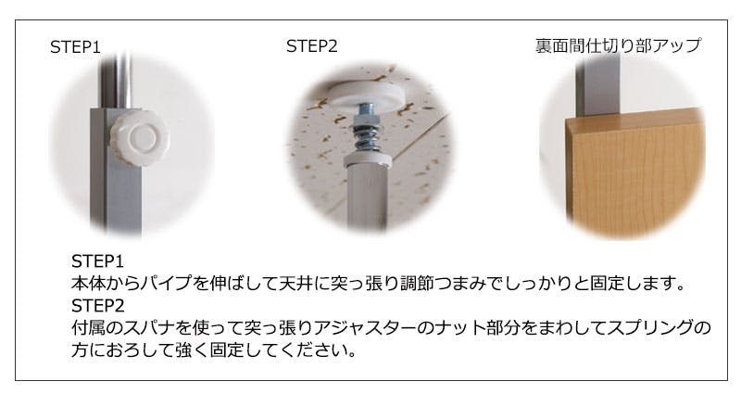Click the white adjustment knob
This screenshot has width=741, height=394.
pos(142,137)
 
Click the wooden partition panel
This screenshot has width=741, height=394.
pos(634,174)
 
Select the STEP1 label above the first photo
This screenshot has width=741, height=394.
pos(76,47)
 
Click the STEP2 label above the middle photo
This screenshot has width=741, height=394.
pos(312,46)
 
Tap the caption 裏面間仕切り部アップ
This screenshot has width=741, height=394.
pos(618,45)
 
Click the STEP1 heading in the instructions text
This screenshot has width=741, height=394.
pos(97,261)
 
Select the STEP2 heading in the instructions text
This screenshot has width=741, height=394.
pos(98,306)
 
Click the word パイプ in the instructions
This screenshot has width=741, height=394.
pos(167,283)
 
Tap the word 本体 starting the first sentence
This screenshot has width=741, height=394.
pos(88,283)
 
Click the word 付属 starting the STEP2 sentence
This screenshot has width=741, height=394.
pos(88,327)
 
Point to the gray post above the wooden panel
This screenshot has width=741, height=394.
pos(597,86)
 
